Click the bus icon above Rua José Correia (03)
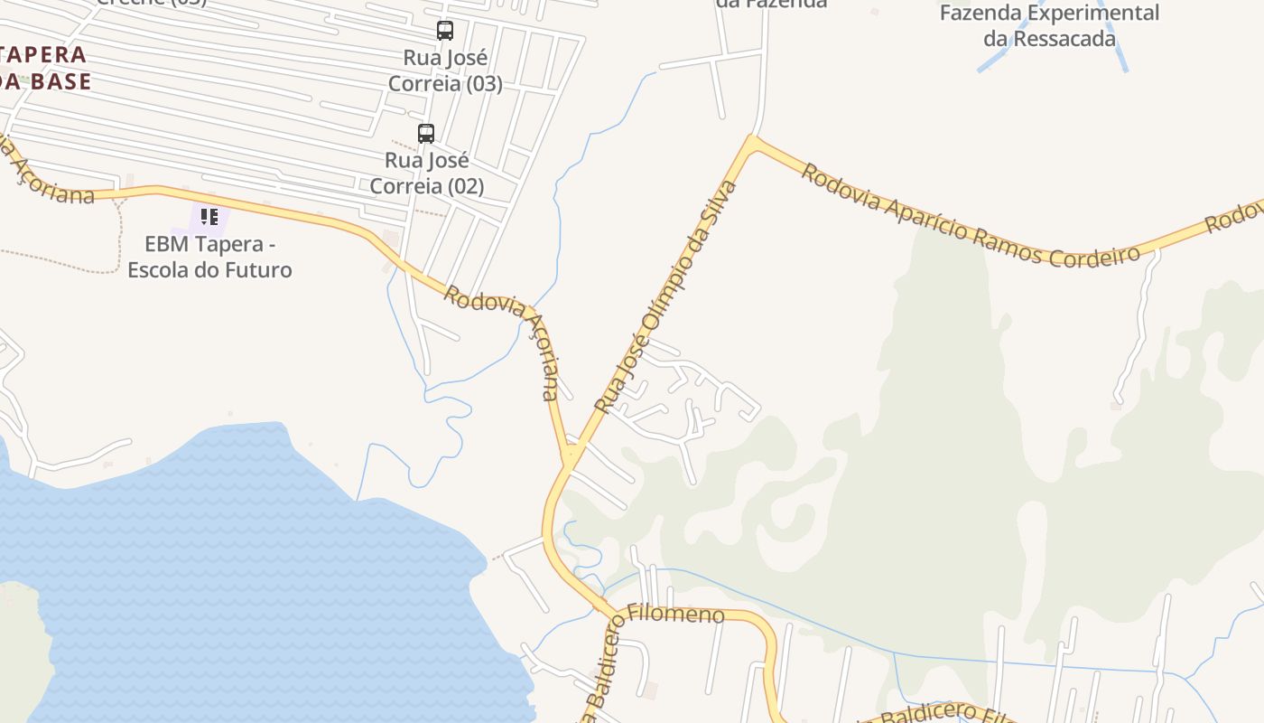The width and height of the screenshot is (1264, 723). (445, 31)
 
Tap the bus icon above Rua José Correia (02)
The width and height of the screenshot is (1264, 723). (426, 134)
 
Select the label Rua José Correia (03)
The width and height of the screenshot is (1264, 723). (445, 70)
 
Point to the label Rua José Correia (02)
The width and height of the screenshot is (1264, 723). (427, 174)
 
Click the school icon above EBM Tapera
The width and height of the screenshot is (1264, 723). (209, 217)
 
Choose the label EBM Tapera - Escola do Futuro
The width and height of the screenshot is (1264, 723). (209, 257)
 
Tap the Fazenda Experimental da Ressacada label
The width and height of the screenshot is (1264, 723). (1049, 25)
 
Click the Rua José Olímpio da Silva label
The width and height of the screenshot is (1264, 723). (666, 296)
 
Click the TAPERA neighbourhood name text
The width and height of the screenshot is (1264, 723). (43, 54)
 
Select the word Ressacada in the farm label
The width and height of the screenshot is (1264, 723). (1064, 39)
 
